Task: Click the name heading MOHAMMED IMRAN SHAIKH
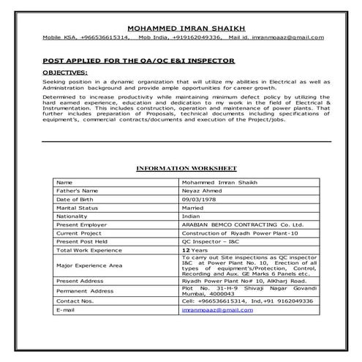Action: coord(180,27)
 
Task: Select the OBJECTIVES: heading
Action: coord(64,73)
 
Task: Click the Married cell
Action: coord(193,208)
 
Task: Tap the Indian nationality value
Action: coord(191,216)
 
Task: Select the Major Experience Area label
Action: coord(88,265)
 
